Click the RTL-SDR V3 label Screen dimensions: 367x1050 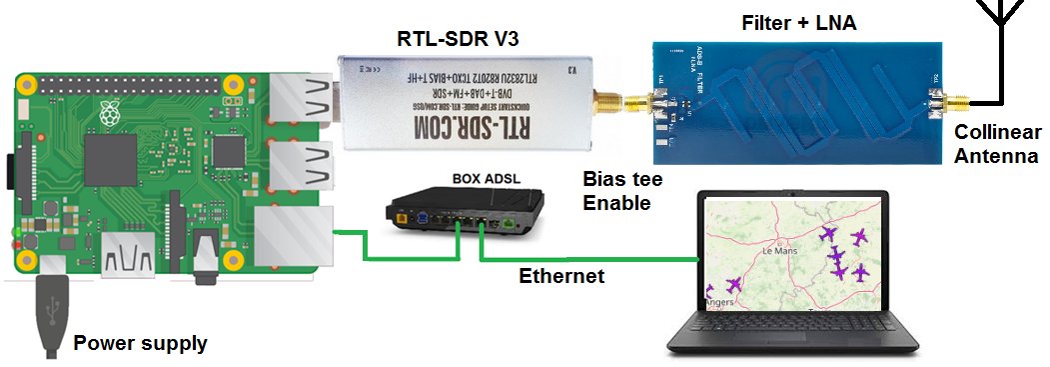point(451,40)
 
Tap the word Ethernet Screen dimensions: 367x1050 point(561,276)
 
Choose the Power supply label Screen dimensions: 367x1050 point(141,344)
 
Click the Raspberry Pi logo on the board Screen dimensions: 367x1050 point(109,118)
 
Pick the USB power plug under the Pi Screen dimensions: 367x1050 point(49,315)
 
